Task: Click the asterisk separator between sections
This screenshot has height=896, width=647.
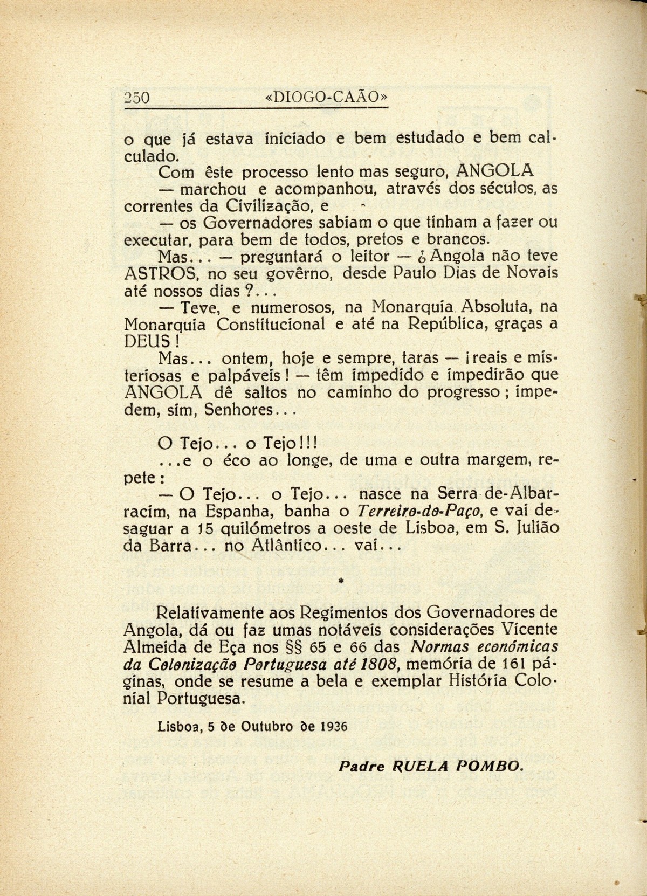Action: click(340, 581)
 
